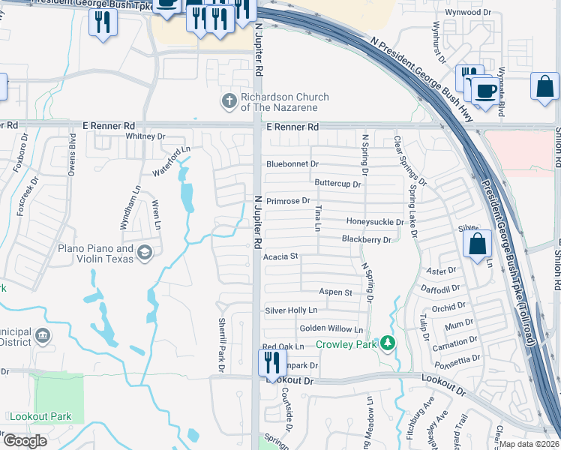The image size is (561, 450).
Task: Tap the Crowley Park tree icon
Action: [x=388, y=344]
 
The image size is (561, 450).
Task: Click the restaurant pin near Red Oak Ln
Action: [x=271, y=362]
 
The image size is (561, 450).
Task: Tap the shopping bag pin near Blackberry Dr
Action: [x=477, y=244]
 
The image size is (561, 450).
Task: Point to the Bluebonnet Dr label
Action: [x=292, y=163]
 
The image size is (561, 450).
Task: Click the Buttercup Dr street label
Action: [x=338, y=183]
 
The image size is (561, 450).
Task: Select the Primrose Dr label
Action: [x=288, y=201]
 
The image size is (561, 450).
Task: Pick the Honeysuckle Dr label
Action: [x=375, y=222]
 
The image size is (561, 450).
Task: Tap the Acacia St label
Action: [x=282, y=256]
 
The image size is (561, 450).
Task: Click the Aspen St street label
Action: [x=335, y=292]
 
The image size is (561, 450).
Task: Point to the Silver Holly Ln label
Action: [x=291, y=310]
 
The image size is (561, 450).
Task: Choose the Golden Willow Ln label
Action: [x=331, y=329]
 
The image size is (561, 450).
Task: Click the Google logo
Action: [x=25, y=441]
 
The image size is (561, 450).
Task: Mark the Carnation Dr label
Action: [x=450, y=343]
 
